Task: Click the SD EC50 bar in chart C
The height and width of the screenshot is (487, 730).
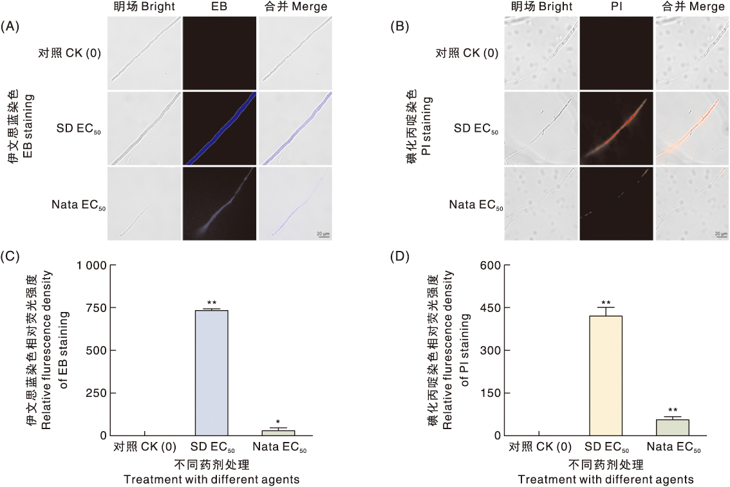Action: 211,372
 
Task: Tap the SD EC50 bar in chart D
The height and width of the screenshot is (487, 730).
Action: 606,375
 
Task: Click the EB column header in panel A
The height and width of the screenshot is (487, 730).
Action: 220,7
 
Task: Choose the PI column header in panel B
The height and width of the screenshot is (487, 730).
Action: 616,7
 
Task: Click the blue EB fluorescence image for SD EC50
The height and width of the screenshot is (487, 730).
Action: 220,128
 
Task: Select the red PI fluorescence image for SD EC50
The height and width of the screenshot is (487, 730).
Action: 616,128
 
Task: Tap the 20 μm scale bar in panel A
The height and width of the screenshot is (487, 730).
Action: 323,235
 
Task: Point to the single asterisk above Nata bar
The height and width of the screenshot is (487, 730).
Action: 277,422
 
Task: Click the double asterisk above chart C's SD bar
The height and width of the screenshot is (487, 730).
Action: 211,303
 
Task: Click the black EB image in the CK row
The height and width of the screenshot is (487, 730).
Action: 220,53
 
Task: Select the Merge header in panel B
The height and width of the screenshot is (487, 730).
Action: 692,7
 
